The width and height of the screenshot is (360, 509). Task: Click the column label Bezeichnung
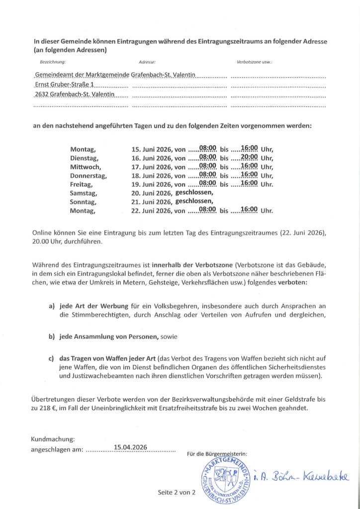(52, 63)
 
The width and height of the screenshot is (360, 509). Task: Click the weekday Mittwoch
(85, 167)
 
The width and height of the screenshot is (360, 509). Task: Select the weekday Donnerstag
(89, 175)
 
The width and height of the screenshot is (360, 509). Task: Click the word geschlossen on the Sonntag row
(194, 201)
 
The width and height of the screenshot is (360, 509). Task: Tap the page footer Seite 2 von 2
(177, 492)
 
